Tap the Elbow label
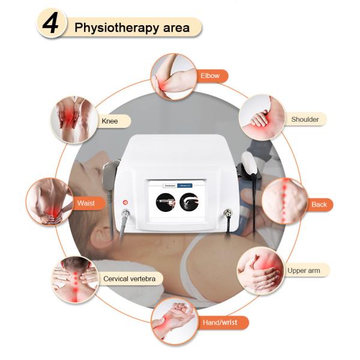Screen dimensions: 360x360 210,76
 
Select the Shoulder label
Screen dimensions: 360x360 305,119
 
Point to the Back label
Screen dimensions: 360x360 319,205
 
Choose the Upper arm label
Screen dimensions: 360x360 304,271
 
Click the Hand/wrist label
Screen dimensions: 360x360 220,323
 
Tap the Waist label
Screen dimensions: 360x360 86,203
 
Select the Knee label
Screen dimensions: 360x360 108,121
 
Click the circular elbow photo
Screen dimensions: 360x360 173,76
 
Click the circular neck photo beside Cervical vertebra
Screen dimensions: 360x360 74,279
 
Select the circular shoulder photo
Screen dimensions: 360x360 262,117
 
